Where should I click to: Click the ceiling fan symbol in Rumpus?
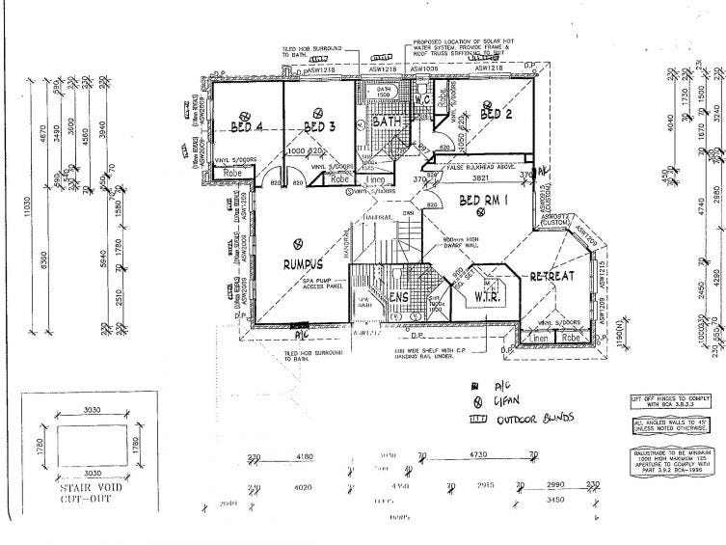point(299,242)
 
